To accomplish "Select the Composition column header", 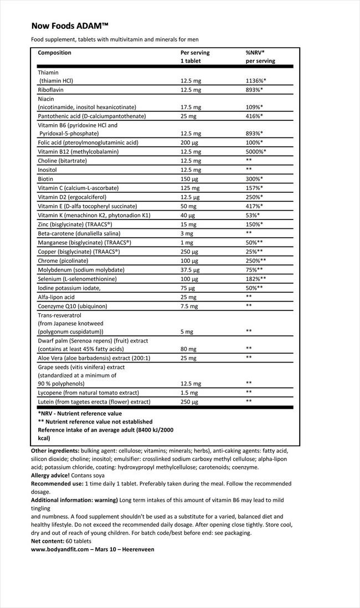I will [54, 53].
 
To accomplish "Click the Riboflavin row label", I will [50, 90].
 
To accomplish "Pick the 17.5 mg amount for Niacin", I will [191, 107].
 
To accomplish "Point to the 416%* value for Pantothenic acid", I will [254, 116].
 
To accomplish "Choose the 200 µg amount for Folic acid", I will [190, 142].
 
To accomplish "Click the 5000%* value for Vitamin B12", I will [256, 151].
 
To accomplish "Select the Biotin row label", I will [45, 178].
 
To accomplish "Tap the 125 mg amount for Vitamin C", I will [190, 187].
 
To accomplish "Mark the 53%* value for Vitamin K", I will [253, 214].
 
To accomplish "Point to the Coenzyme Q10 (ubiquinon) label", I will [72, 306].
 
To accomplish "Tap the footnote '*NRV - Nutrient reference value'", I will [80, 413].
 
